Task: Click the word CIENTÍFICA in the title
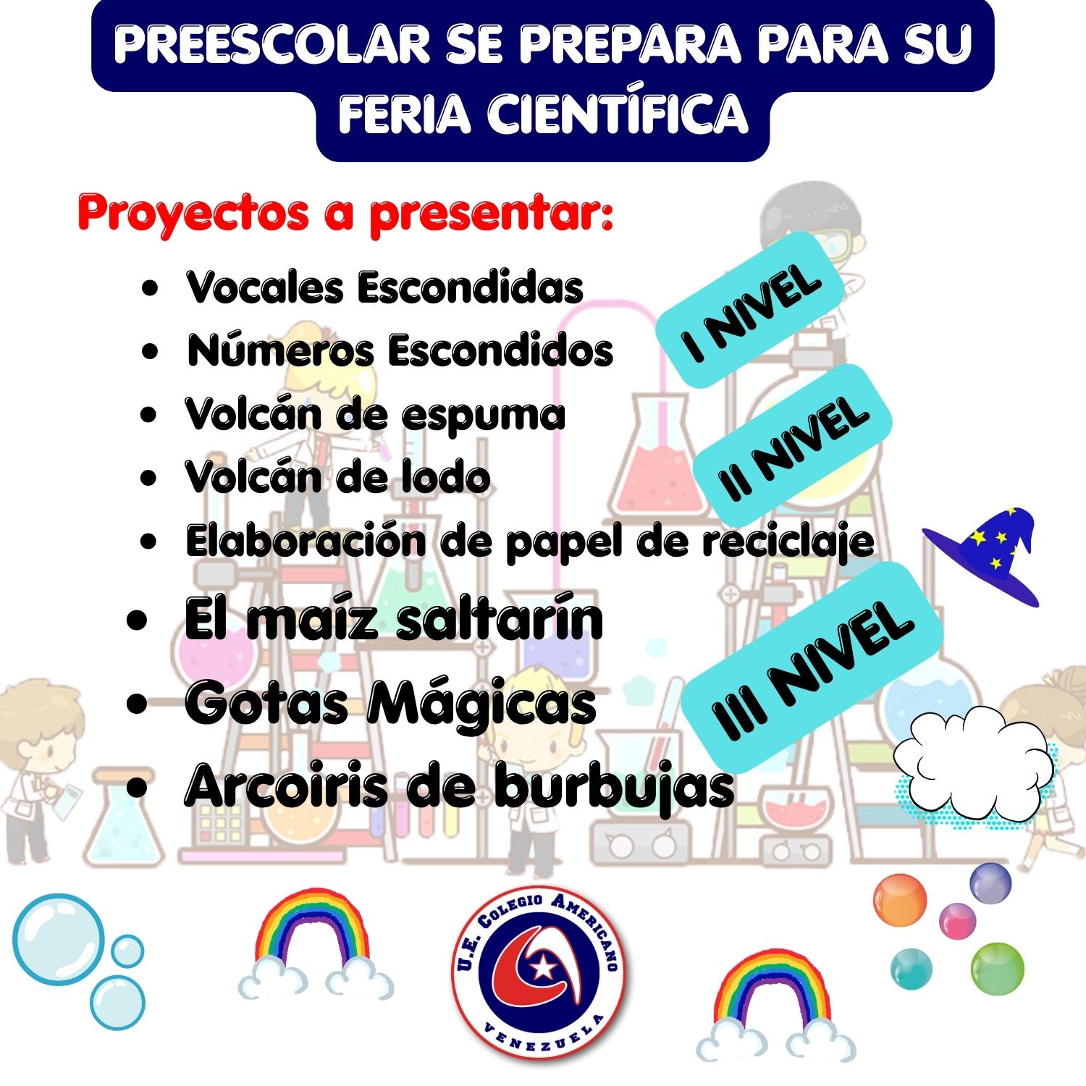tap(618, 114)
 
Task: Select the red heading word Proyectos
tap(193, 214)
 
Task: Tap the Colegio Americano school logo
tap(539, 972)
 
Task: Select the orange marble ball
tap(900, 900)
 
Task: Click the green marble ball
tap(997, 969)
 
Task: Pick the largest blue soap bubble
tap(59, 939)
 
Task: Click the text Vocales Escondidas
tap(384, 287)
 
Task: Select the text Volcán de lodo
tap(337, 477)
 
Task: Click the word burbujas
tap(615, 786)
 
